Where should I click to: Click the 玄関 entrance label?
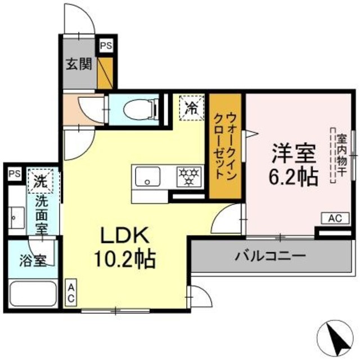[x=78, y=62]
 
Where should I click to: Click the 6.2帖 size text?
[x=293, y=175]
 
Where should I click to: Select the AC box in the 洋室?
[x=332, y=218]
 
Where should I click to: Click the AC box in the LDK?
[x=71, y=293]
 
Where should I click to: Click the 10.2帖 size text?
[x=125, y=259]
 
